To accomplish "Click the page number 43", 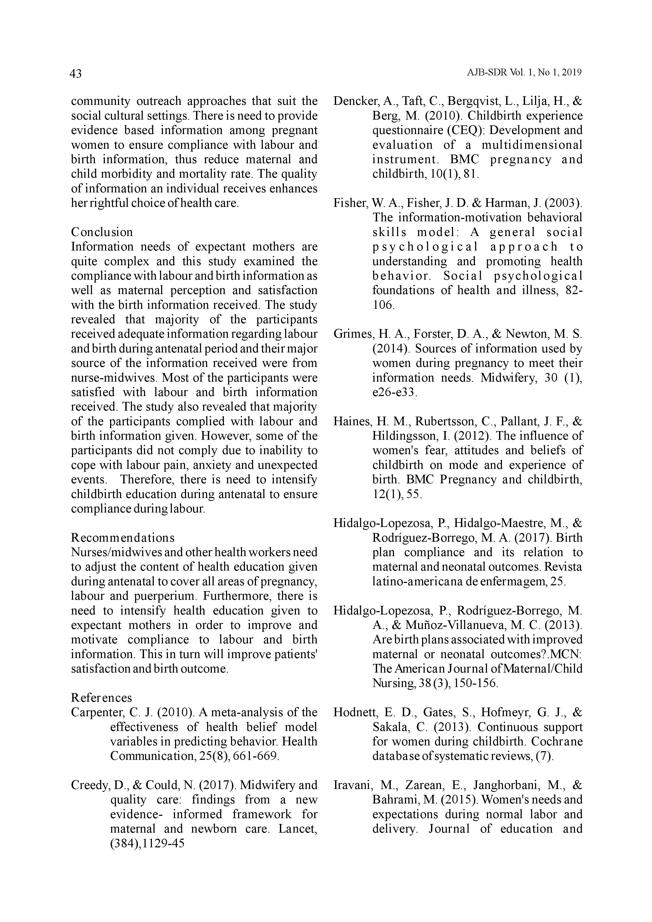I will pos(75,74).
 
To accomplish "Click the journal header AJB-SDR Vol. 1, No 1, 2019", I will pos(524,73).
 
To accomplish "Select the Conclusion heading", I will pos(102,232).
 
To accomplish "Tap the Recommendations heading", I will pos(122,538).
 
